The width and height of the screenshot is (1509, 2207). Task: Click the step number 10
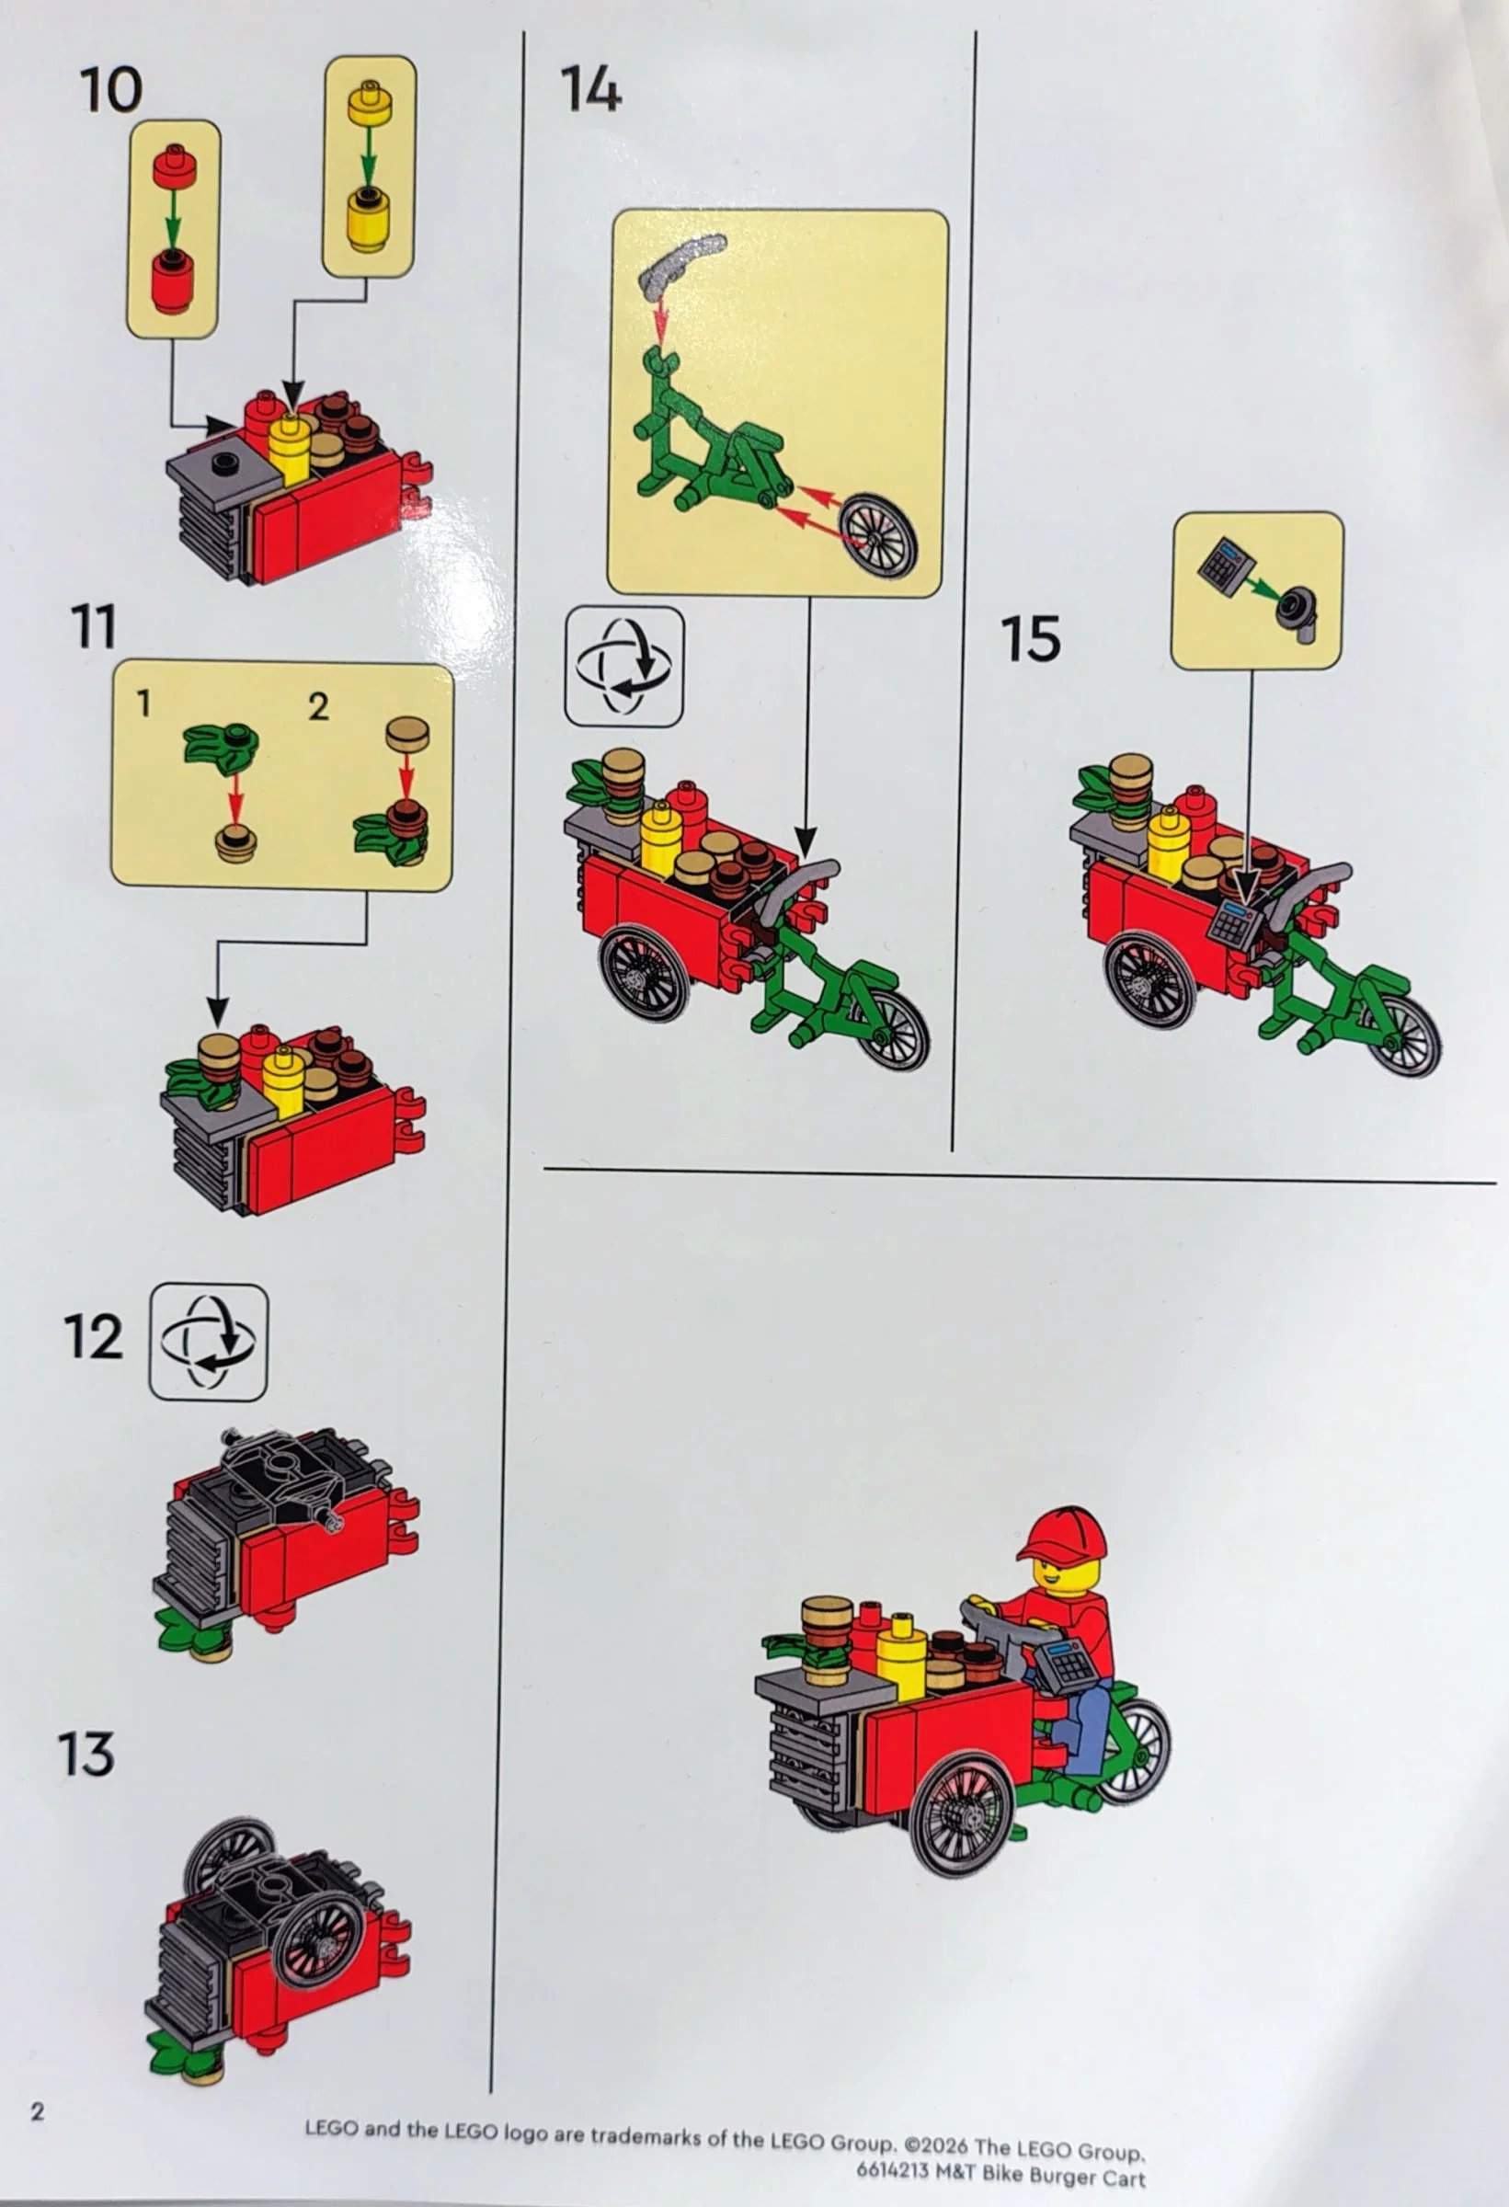tap(111, 91)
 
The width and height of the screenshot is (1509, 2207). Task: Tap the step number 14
tap(590, 91)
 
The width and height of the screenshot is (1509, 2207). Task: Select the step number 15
tap(1031, 638)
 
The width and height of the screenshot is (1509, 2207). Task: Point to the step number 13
tap(86, 1754)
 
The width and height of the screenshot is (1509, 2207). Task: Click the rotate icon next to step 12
tap(208, 1342)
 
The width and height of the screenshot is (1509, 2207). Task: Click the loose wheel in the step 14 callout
tap(879, 534)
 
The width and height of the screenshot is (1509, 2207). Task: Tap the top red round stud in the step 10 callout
tap(174, 167)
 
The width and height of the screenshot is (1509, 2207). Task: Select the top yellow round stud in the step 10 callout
tap(370, 105)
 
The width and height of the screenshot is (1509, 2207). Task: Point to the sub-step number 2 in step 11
tap(318, 706)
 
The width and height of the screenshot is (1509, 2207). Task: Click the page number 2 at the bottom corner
tap(37, 2111)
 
